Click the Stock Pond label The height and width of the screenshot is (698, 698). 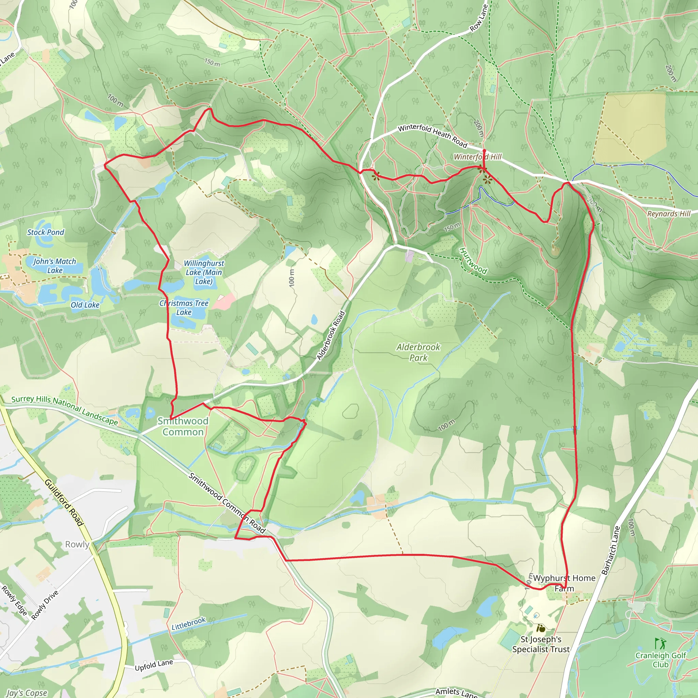(46, 232)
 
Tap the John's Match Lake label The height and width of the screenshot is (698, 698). (55, 265)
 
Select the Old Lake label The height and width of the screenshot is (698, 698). (85, 305)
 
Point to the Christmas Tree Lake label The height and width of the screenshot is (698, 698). (184, 308)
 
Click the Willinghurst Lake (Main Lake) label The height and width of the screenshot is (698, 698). (204, 272)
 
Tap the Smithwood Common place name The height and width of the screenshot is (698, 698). (183, 426)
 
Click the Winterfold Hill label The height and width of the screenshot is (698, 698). (477, 157)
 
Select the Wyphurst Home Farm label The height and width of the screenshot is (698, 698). (564, 583)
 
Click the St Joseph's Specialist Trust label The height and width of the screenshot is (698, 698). (541, 644)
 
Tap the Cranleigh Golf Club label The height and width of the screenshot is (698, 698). (661, 660)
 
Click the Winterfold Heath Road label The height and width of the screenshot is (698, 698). (433, 136)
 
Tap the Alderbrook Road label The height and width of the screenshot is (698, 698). (331, 336)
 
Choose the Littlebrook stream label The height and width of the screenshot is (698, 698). (188, 624)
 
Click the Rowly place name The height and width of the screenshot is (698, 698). (77, 544)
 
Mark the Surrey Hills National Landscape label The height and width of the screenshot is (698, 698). (64, 410)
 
